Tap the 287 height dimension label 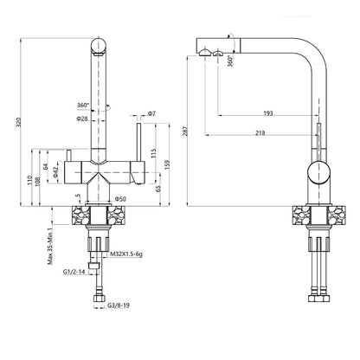(x=185, y=131)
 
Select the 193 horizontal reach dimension (x=268, y=113)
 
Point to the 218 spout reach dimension (x=260, y=133)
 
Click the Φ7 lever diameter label (x=151, y=113)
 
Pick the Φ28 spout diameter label (x=82, y=119)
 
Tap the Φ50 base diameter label (x=120, y=199)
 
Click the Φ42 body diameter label (x=56, y=172)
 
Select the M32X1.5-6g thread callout (x=126, y=254)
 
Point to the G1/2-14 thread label (x=74, y=272)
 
